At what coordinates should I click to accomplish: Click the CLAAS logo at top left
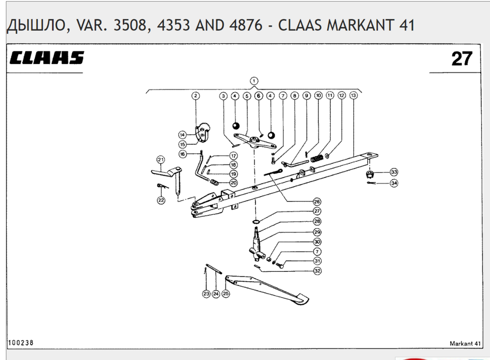46,58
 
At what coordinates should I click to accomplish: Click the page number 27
462,58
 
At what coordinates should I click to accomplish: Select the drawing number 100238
21,343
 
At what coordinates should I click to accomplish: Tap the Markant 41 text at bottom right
465,343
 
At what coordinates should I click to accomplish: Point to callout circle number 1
254,81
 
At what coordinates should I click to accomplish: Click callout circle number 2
196,95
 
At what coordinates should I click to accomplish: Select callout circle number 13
353,95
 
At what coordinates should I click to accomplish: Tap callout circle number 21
161,160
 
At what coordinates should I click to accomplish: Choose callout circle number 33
394,172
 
